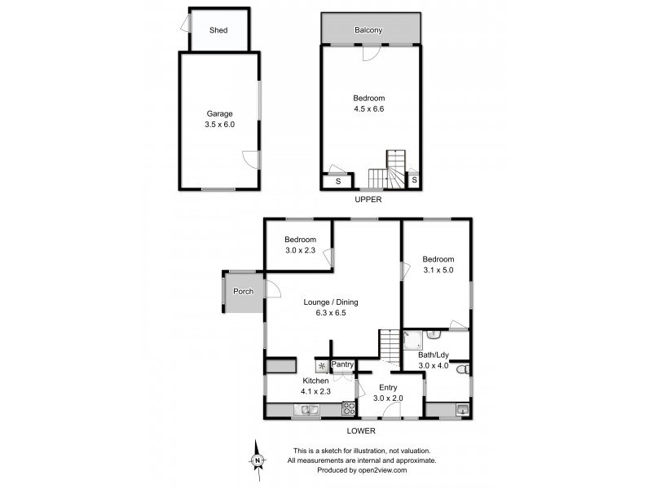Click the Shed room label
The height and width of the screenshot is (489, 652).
coord(218,30)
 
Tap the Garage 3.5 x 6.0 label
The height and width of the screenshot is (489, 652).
coord(219,119)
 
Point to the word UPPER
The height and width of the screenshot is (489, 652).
coord(368,200)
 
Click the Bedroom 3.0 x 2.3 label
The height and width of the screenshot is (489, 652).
coord(300,244)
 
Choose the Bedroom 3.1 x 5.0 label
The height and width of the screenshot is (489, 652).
coord(438,264)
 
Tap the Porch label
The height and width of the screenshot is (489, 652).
coord(243,292)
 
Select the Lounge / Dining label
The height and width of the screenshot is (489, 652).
coord(331,306)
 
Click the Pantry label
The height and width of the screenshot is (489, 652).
coord(342,365)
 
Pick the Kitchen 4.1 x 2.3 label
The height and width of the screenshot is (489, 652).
coord(316,386)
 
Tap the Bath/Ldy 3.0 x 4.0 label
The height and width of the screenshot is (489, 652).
coord(434,360)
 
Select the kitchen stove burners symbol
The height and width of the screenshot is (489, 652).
coord(348,409)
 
